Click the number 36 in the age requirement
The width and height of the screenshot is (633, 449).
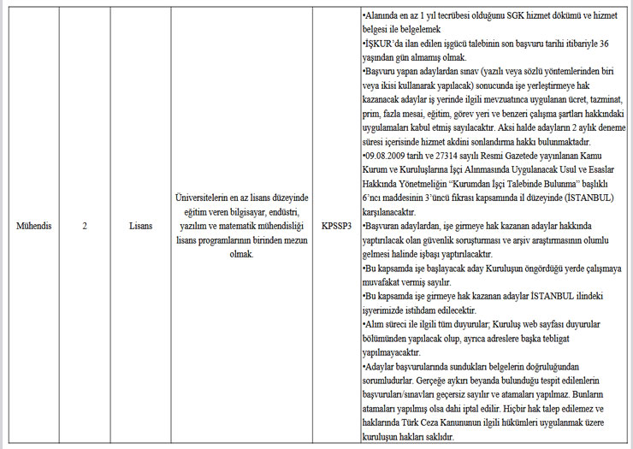[x=604, y=44]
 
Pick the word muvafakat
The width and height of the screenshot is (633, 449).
[x=387, y=281]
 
